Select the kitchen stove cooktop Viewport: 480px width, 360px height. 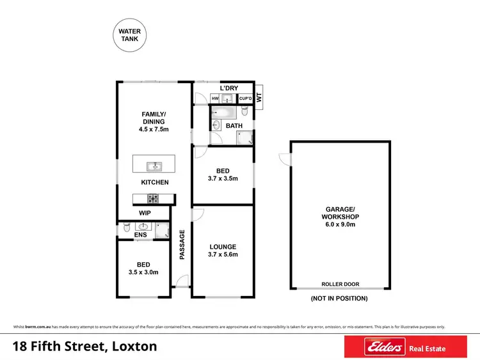click(154, 198)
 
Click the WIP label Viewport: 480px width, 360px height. click(145, 213)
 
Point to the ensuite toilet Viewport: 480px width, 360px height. click(126, 227)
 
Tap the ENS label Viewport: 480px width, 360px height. click(140, 235)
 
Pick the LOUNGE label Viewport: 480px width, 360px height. click(223, 247)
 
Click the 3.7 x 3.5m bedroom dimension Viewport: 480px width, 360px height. click(223, 178)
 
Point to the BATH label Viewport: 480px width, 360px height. click(234, 126)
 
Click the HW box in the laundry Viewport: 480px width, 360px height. click(216, 98)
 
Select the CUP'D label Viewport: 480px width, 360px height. click(244, 98)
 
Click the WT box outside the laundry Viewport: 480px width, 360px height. click(259, 98)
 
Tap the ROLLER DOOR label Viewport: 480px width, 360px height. click(340, 284)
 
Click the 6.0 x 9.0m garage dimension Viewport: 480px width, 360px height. click(340, 224)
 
